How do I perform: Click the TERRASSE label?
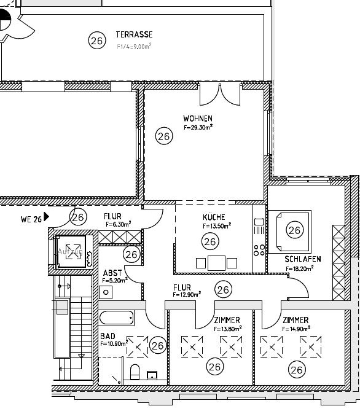pos(134,35)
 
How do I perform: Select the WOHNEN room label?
pos(198,118)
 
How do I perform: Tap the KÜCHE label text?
pos(214,217)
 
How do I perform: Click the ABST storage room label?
pos(112,273)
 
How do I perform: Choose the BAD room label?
pos(108,337)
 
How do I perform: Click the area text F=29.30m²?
pos(198,127)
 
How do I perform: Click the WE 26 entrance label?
pos(30,219)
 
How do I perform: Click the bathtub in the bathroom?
pos(116,319)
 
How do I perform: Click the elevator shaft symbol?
pos(72,254)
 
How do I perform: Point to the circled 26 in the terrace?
pos(96,41)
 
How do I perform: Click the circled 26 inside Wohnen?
pos(163,136)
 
